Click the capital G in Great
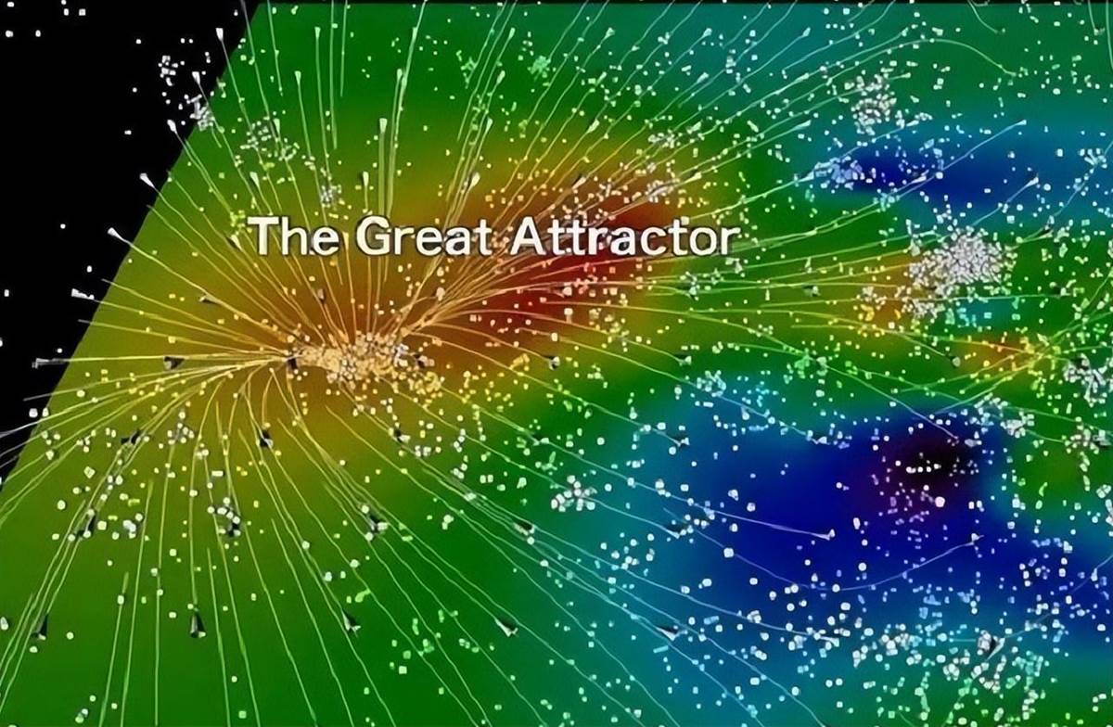point(374,236)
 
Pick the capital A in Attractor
point(531,236)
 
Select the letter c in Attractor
point(649,241)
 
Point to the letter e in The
point(323,241)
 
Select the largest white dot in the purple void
point(939,503)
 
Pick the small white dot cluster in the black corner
point(169,70)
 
